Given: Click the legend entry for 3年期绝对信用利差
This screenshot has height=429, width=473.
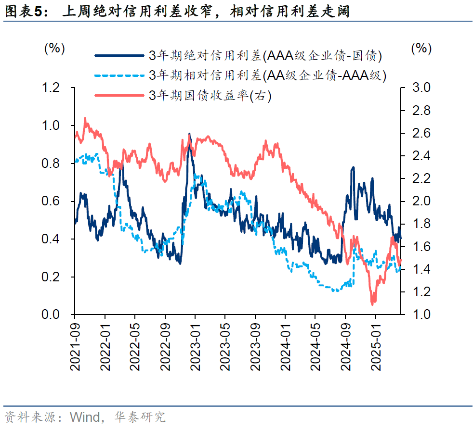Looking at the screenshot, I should pos(265,56).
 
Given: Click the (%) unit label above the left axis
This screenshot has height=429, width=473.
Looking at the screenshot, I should pos(54,48).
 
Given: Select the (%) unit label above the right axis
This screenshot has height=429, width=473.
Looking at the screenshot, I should pos(420,48).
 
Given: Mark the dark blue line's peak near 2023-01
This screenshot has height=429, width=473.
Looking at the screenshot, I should pos(189,134).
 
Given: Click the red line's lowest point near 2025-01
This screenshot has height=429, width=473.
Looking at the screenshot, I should pos(372,304).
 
